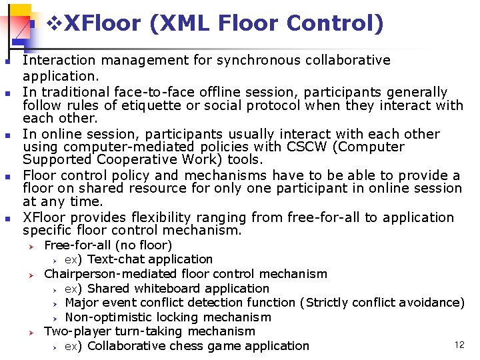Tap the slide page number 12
point(459,345)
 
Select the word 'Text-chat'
point(117,259)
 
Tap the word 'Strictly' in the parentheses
point(327,303)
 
